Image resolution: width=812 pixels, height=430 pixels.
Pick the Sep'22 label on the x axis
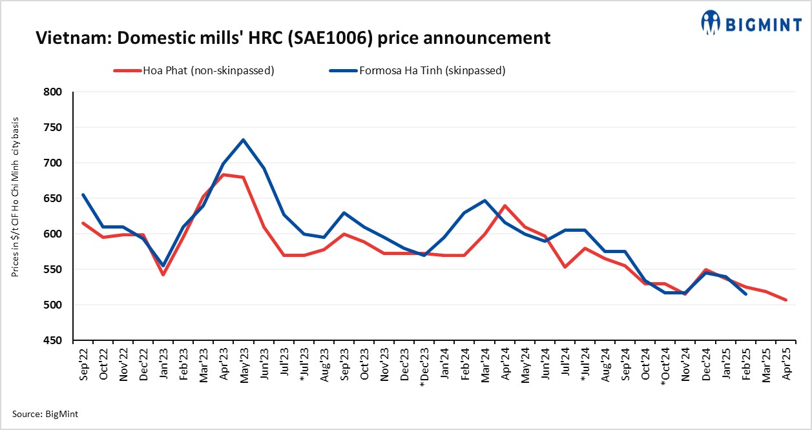pyautogui.click(x=83, y=365)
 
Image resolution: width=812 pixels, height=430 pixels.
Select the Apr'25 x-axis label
pyautogui.click(x=787, y=365)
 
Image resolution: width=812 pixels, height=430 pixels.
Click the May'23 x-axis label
pyautogui.click(x=244, y=365)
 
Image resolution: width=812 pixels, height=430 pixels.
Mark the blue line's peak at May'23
pyautogui.click(x=243, y=139)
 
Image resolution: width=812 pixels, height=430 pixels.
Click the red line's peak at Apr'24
pyautogui.click(x=504, y=205)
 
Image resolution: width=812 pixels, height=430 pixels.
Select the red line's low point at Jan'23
pyautogui.click(x=163, y=275)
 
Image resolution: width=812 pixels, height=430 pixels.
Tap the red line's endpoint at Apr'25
pyautogui.click(x=786, y=300)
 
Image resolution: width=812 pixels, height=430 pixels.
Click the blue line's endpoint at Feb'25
pyautogui.click(x=746, y=294)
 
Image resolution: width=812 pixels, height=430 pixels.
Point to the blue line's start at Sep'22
pyautogui.click(x=83, y=195)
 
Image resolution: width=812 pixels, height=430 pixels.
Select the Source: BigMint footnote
pyautogui.click(x=45, y=414)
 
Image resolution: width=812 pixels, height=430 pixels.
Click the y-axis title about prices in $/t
pyautogui.click(x=15, y=198)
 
